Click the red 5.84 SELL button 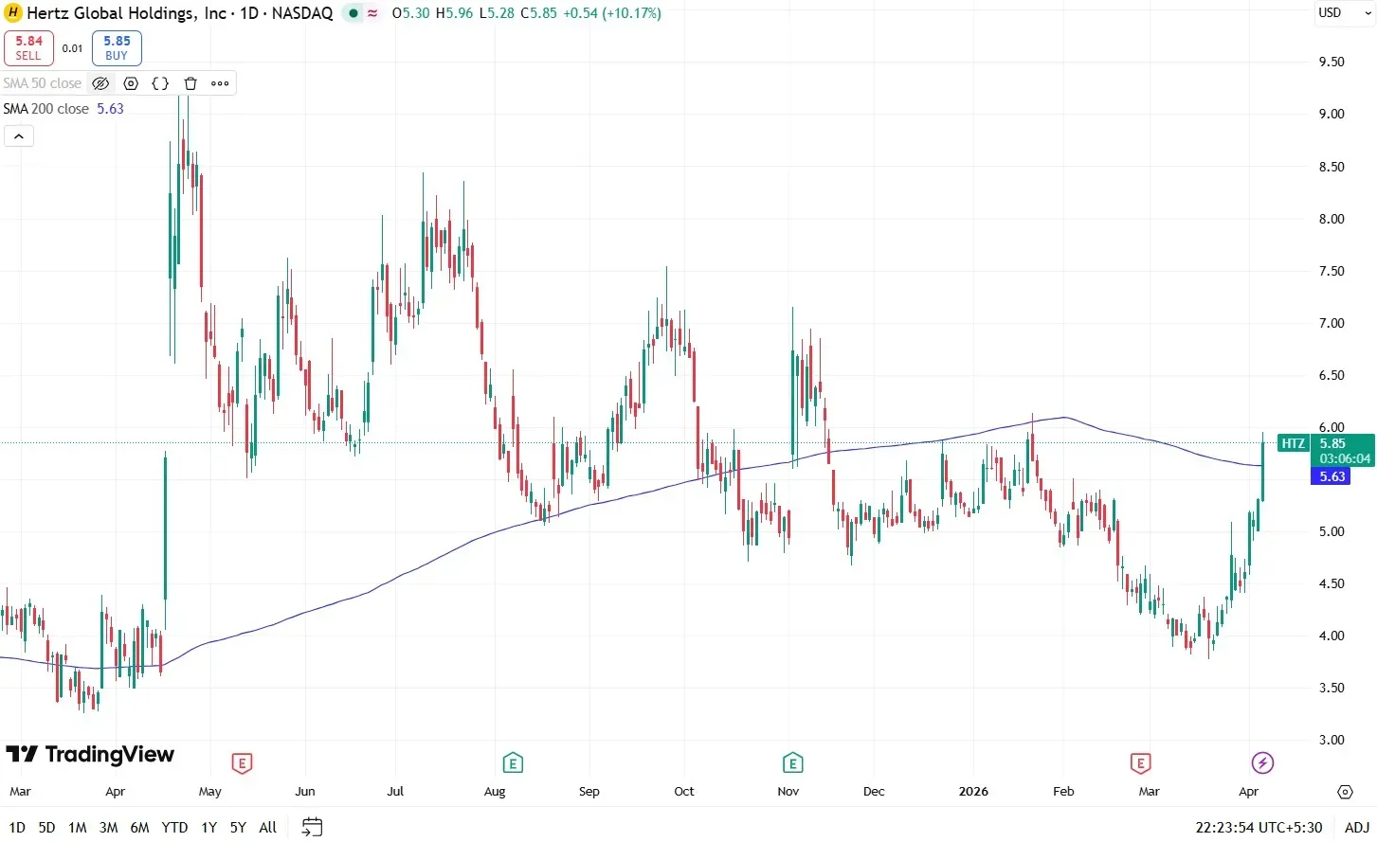28,47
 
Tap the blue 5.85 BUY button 117,47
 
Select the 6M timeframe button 139,827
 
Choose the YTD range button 174,827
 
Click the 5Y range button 238,827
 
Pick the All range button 268,827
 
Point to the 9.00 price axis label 1332,114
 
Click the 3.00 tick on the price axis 1332,740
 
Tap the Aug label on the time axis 495,791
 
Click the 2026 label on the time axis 973,791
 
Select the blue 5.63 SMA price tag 1332,476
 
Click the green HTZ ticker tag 1293,443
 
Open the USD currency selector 1330,13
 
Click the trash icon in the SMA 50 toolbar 190,83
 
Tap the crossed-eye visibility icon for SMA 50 100,83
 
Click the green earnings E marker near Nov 792,762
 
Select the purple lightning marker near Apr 1262,762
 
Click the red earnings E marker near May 242,762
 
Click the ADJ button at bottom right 1356,827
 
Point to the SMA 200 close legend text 45,109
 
